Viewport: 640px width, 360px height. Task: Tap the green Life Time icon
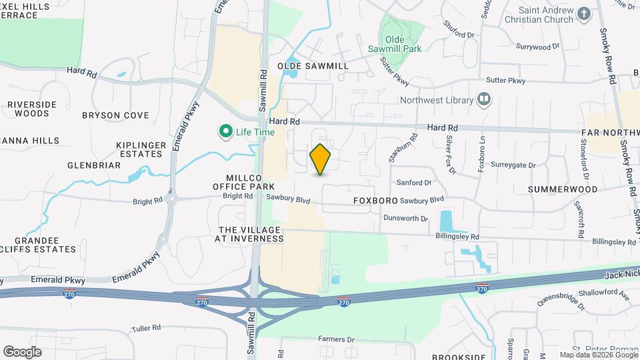[x=225, y=131]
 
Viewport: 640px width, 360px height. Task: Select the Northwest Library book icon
[x=484, y=100]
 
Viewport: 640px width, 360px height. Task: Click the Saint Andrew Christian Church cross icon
[x=584, y=14]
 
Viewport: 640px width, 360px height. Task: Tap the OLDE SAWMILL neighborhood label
[x=313, y=66]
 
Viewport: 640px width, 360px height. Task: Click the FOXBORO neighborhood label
[x=375, y=200]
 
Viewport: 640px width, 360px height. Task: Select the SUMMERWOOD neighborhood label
[x=563, y=189]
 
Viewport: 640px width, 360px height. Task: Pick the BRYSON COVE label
[x=115, y=115]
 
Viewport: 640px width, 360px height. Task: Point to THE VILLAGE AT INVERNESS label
[x=251, y=234]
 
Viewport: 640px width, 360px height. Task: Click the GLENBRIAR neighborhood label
[x=94, y=165]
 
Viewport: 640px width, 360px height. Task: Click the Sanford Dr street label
[x=414, y=182]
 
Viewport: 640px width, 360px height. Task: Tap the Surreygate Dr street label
[x=513, y=165]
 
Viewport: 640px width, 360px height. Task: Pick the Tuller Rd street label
[x=147, y=327]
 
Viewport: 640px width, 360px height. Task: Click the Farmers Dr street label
[x=336, y=339]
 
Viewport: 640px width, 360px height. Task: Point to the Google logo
[x=22, y=352]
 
